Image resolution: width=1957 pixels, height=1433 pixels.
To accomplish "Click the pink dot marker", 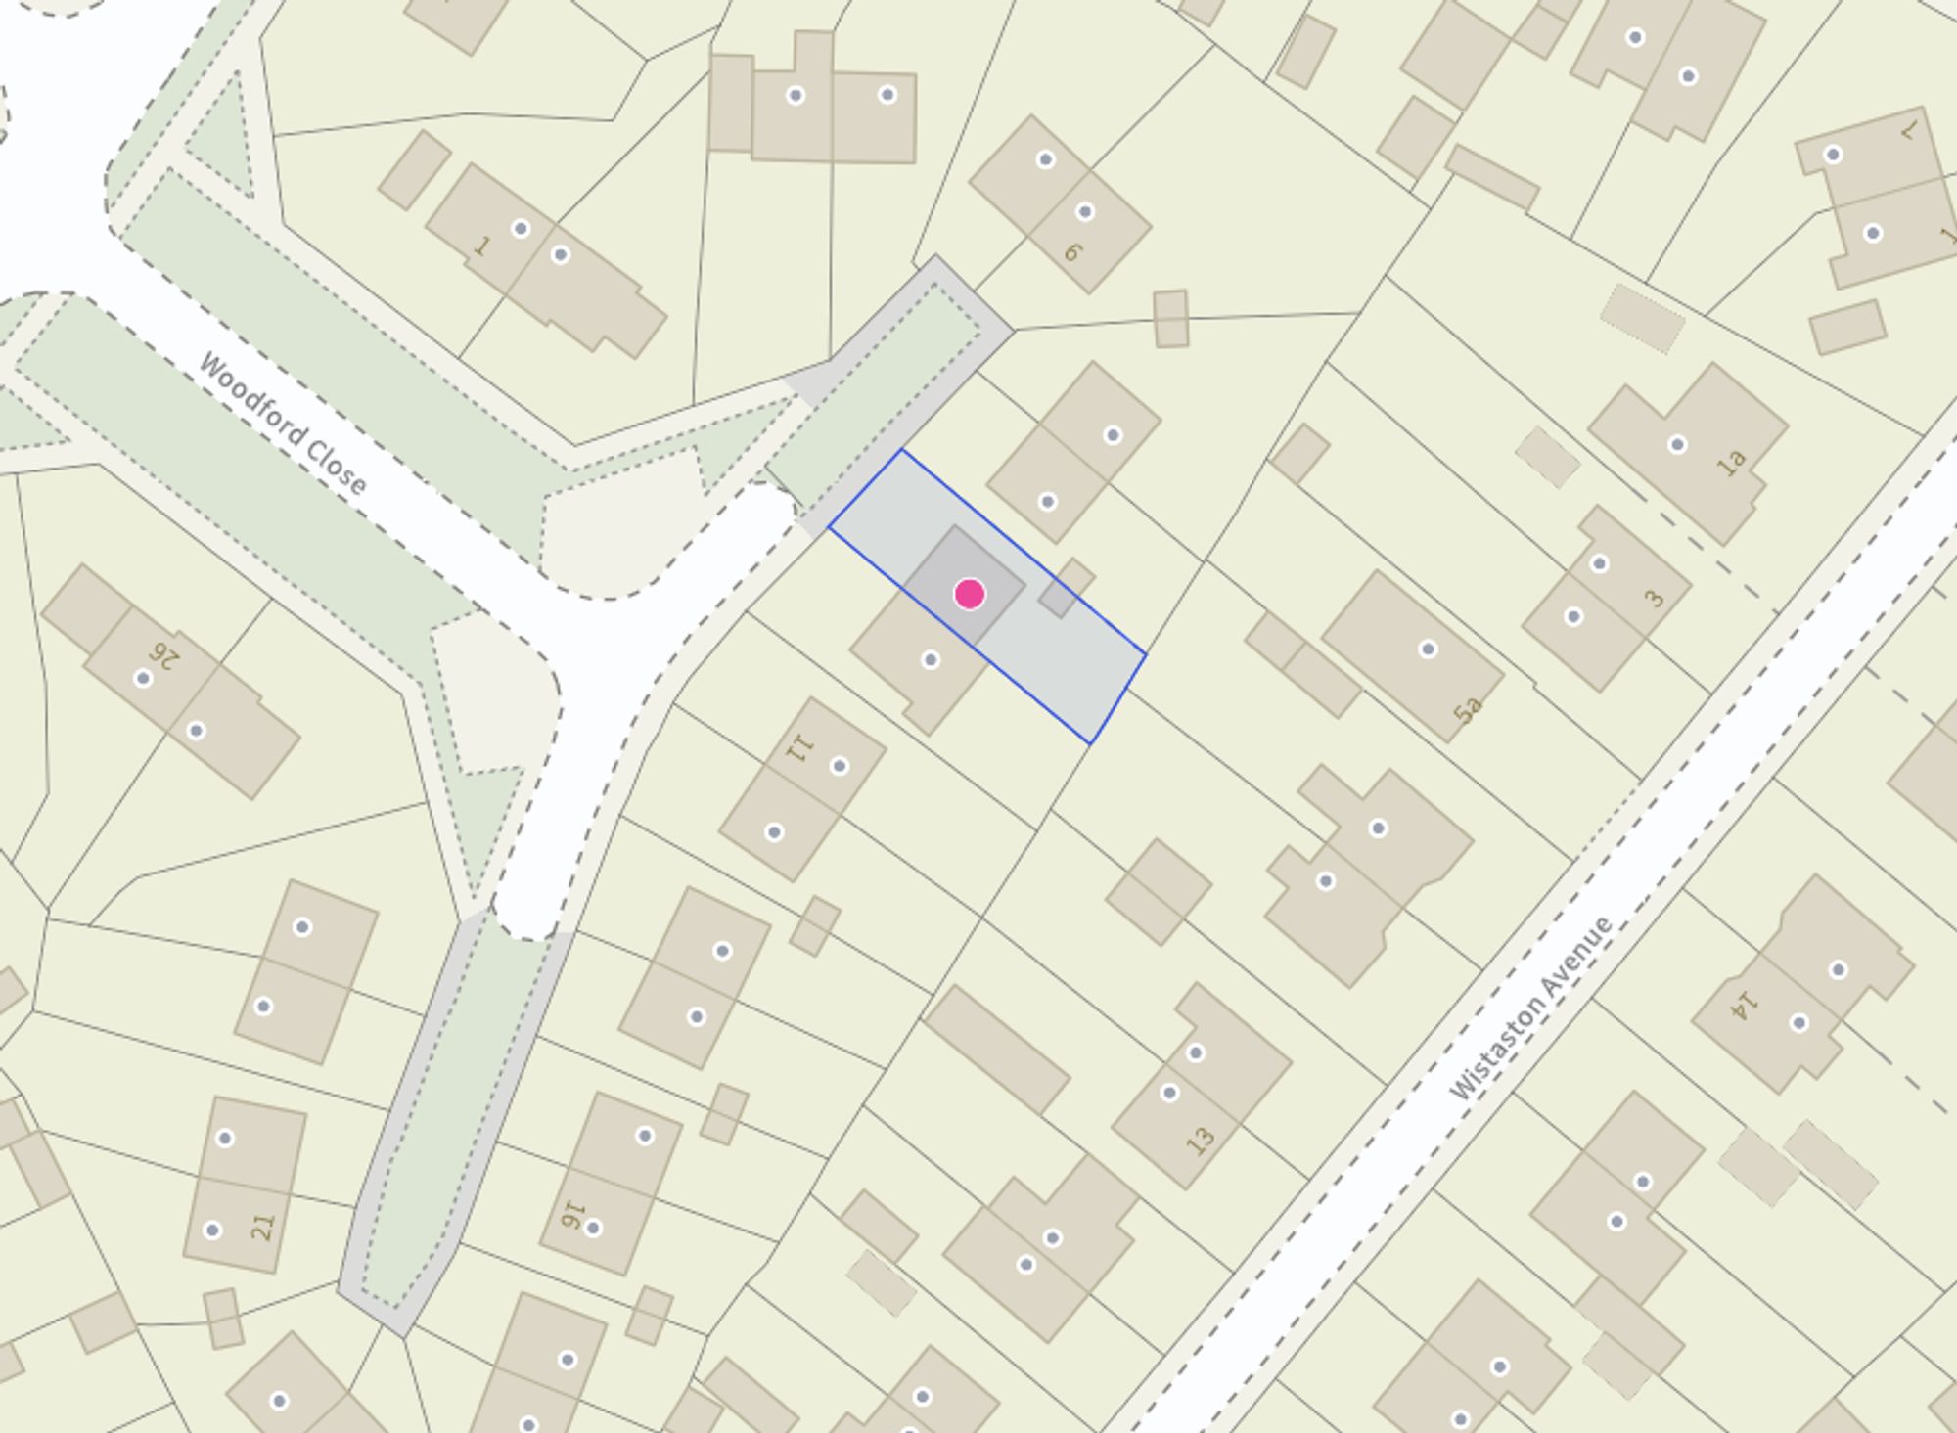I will (x=969, y=594).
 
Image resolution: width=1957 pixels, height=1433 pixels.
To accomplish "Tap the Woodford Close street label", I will (x=282, y=423).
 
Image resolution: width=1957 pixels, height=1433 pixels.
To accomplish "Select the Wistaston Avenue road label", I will (x=1528, y=1008).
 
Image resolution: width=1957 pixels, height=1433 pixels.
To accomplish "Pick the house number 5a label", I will (x=1468, y=709).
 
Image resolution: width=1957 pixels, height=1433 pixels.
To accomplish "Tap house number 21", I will (x=262, y=1226).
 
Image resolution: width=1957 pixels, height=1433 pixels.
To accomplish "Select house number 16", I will (x=572, y=1216).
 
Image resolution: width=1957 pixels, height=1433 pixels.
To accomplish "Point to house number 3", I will (x=1654, y=598).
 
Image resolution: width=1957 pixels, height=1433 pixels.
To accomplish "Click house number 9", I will (x=1073, y=251).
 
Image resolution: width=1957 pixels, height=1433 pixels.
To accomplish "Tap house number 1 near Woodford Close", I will (x=480, y=246).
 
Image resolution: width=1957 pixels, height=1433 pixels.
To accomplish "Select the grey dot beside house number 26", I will (x=143, y=678).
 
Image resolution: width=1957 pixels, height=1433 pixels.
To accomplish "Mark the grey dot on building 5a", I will (x=1428, y=649).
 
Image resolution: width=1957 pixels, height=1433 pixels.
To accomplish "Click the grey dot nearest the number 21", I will (x=212, y=1230).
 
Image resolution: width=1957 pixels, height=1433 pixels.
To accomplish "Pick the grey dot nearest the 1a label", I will (x=1677, y=445).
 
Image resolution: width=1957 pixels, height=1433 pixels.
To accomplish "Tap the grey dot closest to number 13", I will (x=1169, y=1093).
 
